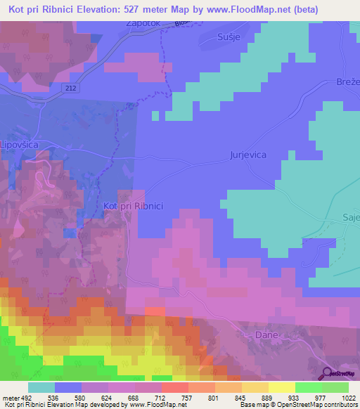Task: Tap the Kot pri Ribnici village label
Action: point(133,206)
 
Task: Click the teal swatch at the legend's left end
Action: point(41,387)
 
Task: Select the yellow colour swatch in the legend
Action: point(281,387)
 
